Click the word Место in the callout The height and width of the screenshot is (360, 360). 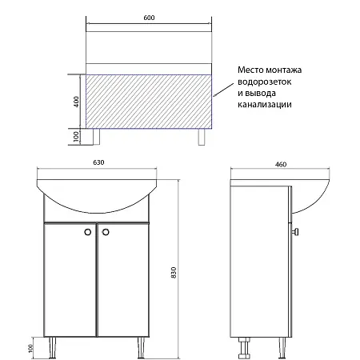(251, 71)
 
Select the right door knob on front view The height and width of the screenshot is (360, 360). (102, 233)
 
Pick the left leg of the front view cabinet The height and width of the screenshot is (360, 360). (51, 346)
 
